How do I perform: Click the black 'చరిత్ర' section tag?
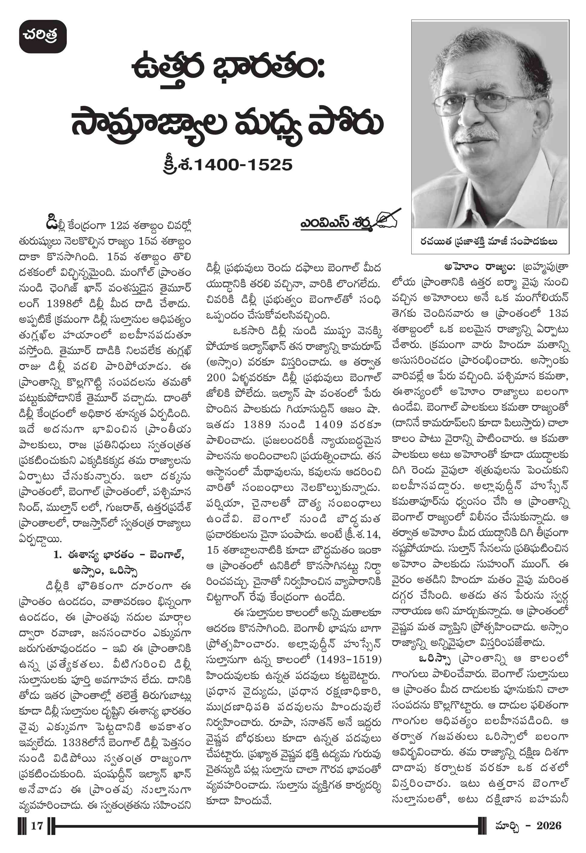click(43, 36)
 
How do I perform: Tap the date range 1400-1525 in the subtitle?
click(243, 165)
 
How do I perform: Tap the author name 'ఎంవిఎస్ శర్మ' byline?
click(335, 223)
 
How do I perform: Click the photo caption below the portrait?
click(489, 242)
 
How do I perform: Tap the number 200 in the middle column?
click(216, 378)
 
